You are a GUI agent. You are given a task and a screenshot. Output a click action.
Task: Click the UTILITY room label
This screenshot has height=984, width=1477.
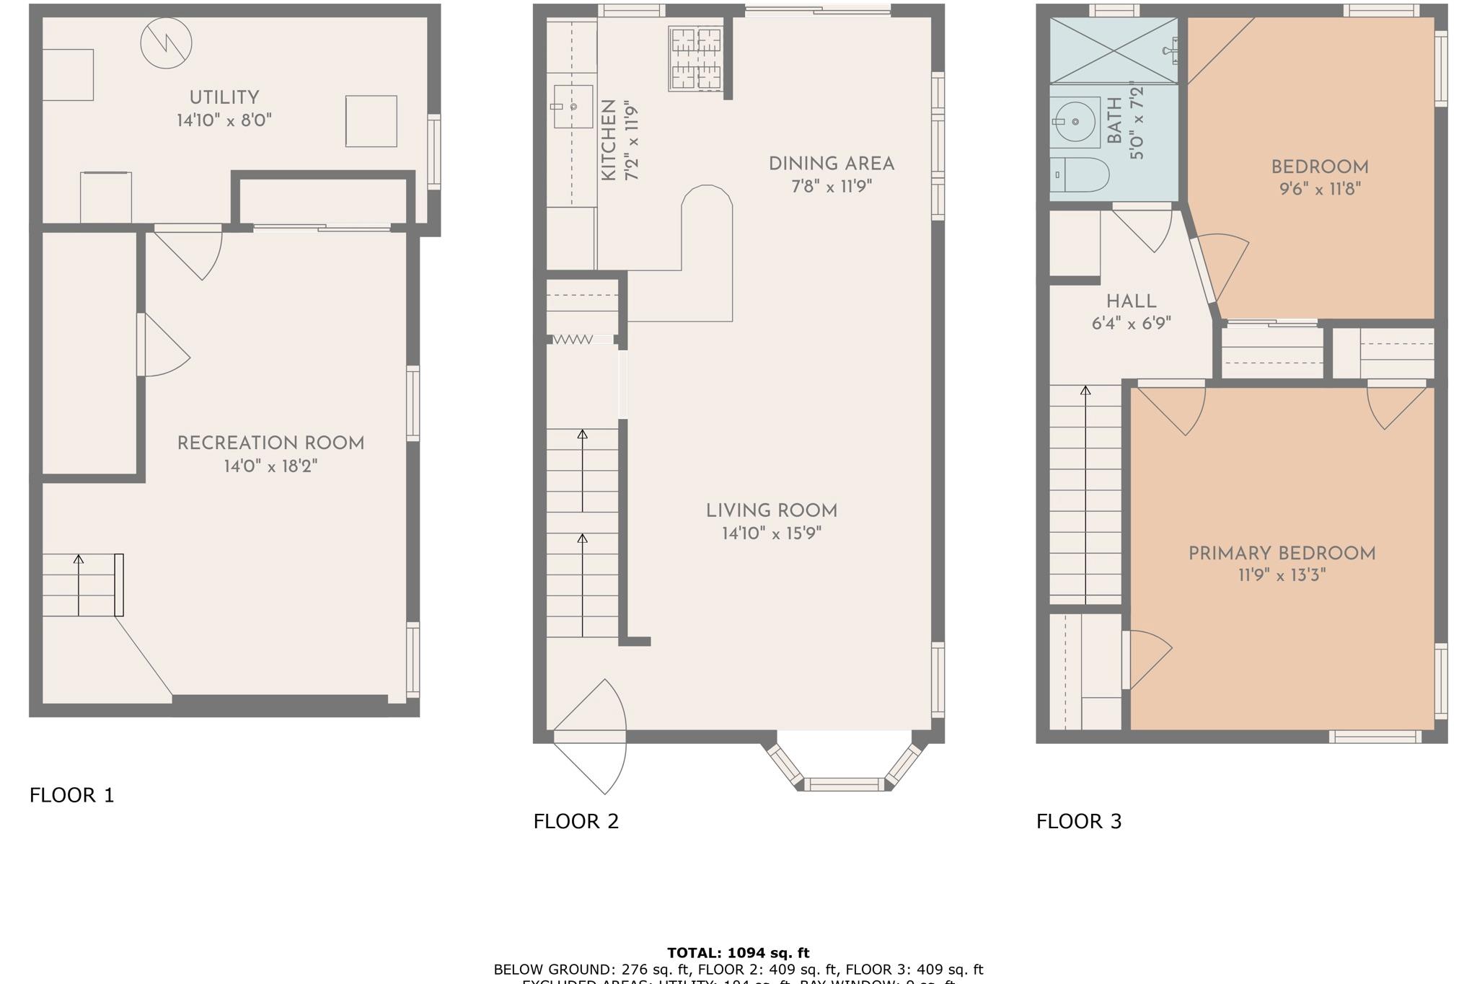224,97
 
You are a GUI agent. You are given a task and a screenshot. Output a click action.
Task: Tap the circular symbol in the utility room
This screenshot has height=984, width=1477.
166,43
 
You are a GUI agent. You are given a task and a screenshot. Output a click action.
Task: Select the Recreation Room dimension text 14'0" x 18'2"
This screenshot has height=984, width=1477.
270,466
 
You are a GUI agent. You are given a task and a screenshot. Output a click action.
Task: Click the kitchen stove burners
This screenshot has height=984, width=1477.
696,58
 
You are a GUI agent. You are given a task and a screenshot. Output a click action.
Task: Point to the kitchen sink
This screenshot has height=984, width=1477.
573,107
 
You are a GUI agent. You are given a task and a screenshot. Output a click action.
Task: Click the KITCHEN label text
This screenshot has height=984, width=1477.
608,141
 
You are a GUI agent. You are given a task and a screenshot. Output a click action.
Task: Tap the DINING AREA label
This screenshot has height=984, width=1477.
832,164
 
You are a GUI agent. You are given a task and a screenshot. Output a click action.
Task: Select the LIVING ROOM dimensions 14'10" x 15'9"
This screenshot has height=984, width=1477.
772,533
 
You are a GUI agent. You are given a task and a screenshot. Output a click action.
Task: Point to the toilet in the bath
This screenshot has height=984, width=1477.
1080,175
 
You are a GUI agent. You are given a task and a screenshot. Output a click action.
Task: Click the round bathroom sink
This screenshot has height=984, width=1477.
1075,122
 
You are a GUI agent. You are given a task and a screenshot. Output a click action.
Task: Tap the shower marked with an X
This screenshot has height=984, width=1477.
1113,50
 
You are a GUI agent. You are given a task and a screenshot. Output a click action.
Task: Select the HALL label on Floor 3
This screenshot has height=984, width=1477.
1131,301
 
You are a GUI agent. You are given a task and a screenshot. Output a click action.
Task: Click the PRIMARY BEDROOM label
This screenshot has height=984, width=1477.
1282,554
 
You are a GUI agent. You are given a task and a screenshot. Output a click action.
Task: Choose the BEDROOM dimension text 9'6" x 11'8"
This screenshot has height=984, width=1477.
1319,190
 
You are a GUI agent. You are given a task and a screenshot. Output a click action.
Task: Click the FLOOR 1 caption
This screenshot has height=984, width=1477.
71,795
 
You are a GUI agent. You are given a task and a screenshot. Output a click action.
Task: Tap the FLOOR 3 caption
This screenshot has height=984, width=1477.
1079,821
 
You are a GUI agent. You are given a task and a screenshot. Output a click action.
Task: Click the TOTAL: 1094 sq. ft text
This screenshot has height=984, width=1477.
738,952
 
